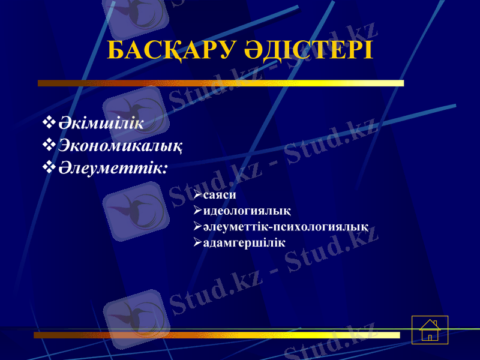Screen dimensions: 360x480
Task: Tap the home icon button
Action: pos(430,330)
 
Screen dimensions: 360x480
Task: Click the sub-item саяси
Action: pos(219,196)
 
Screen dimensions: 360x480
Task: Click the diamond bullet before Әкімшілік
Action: pos(49,124)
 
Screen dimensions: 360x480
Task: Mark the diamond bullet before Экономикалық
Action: pos(49,145)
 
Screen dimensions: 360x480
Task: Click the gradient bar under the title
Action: pos(221,83)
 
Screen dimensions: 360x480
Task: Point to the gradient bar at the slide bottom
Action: pos(216,335)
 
